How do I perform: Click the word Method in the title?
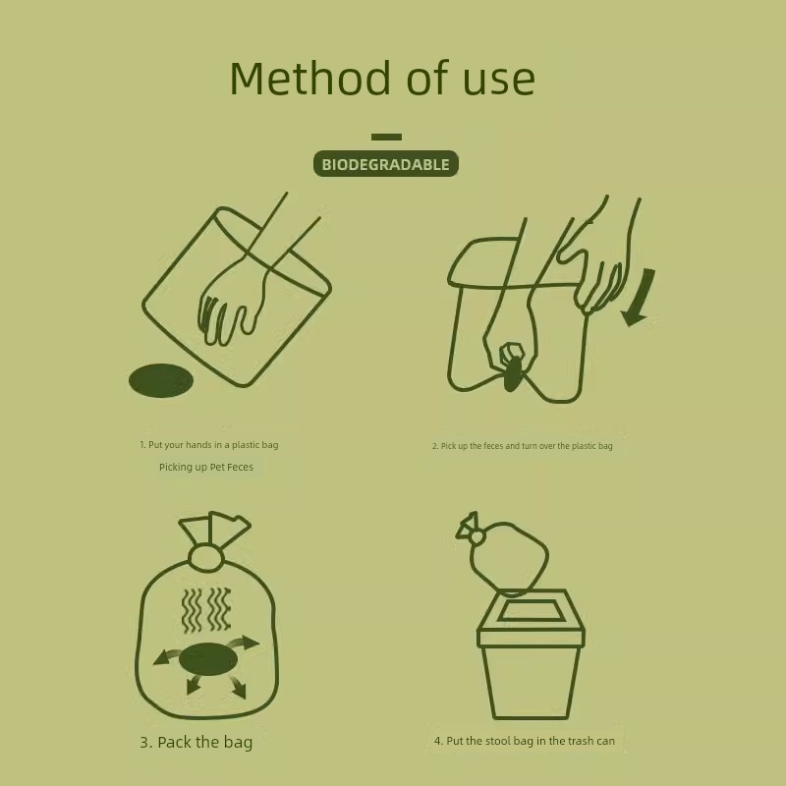309,78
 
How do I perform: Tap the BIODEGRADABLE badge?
386,164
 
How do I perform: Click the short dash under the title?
386,137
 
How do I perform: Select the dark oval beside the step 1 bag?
161,380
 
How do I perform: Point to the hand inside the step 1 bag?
231,301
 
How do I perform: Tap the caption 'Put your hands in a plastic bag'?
209,445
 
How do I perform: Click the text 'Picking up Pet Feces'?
206,468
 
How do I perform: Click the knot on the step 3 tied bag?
205,557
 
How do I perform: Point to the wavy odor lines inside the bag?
206,610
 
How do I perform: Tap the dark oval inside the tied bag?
208,659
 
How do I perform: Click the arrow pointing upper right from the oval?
246,643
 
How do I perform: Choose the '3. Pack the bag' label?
196,743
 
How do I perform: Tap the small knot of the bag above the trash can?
477,537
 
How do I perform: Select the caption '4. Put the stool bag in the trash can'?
525,741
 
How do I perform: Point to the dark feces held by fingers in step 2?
512,373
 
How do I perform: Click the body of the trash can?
532,682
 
